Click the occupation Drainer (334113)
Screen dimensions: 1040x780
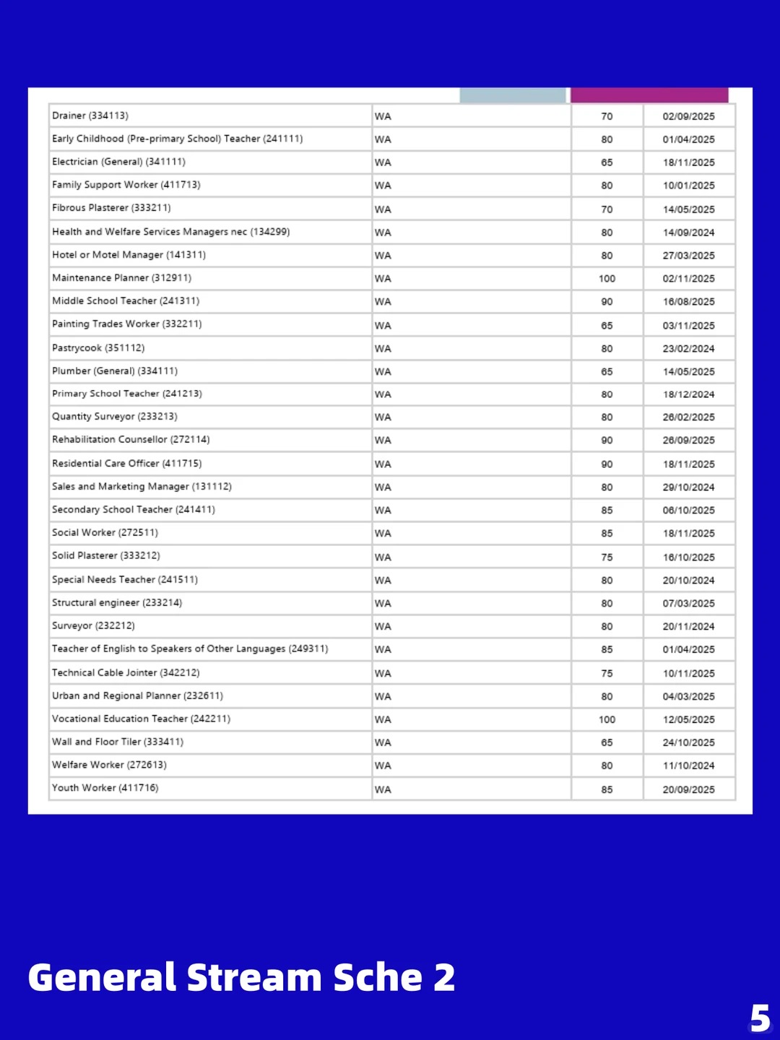click(x=90, y=116)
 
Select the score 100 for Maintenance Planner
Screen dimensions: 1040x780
click(x=607, y=279)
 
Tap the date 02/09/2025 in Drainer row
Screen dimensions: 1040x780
click(x=688, y=116)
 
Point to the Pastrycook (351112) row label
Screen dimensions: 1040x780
click(x=98, y=348)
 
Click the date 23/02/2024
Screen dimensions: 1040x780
click(x=688, y=349)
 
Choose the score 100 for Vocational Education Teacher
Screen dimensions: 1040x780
click(x=607, y=719)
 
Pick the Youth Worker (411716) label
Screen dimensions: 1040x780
click(x=105, y=788)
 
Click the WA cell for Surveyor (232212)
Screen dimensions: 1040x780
click(x=383, y=627)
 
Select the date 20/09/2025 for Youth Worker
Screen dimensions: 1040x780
click(x=688, y=789)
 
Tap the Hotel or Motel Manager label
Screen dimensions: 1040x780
click(x=129, y=255)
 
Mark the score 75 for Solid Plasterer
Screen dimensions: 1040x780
click(x=607, y=558)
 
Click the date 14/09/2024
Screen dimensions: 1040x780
click(x=688, y=233)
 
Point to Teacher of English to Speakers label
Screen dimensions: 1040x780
click(x=189, y=649)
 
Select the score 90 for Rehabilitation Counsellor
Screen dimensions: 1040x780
click(x=607, y=441)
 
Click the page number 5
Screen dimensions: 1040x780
click(x=760, y=1018)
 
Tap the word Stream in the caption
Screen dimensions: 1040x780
click(x=253, y=978)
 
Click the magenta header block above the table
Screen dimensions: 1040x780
click(x=649, y=95)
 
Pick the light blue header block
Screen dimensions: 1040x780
click(x=513, y=95)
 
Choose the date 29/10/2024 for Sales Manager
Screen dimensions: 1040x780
click(x=688, y=487)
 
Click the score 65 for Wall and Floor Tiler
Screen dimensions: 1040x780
click(x=607, y=742)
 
